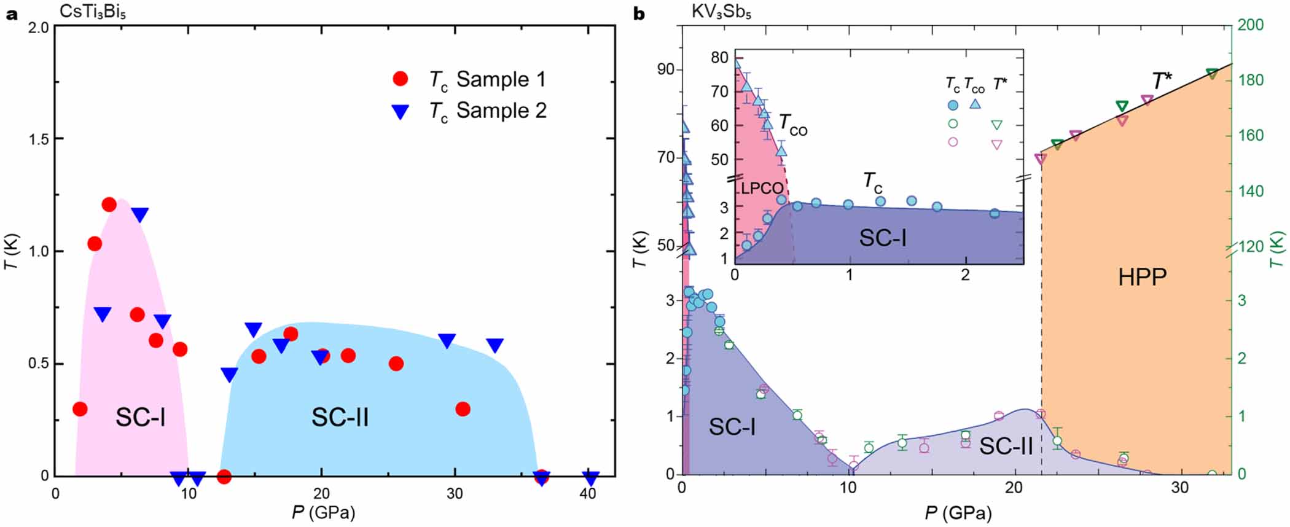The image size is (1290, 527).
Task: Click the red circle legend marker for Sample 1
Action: tap(401, 79)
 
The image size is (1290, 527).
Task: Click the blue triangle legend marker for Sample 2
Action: tap(401, 111)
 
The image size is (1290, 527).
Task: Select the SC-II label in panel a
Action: tap(340, 418)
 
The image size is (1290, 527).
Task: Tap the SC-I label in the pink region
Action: tap(140, 418)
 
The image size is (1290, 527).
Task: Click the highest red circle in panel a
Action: tap(109, 205)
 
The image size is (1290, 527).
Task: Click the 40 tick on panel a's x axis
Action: tap(588, 494)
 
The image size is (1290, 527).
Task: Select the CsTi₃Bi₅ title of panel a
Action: tap(93, 12)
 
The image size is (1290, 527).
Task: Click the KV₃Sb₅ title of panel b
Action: tap(721, 12)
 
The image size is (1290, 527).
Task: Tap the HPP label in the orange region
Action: tap(1142, 278)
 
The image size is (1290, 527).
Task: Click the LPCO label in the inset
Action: tap(762, 189)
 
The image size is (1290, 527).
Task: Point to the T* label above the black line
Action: tap(1161, 80)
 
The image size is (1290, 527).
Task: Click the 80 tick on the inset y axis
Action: tap(719, 58)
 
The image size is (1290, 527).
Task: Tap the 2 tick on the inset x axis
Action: tap(965, 275)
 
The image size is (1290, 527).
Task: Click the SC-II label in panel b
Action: tap(1006, 446)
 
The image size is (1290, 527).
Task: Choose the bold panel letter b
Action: tap(639, 14)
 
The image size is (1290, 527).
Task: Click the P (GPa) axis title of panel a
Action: tap(323, 512)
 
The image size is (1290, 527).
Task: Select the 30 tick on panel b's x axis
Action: tap(1179, 489)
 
